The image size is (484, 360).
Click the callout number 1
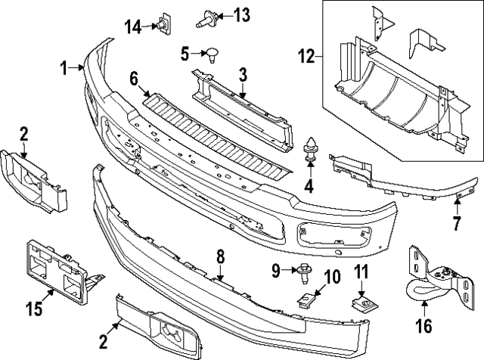[65, 68]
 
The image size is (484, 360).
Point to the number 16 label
[423, 327]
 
